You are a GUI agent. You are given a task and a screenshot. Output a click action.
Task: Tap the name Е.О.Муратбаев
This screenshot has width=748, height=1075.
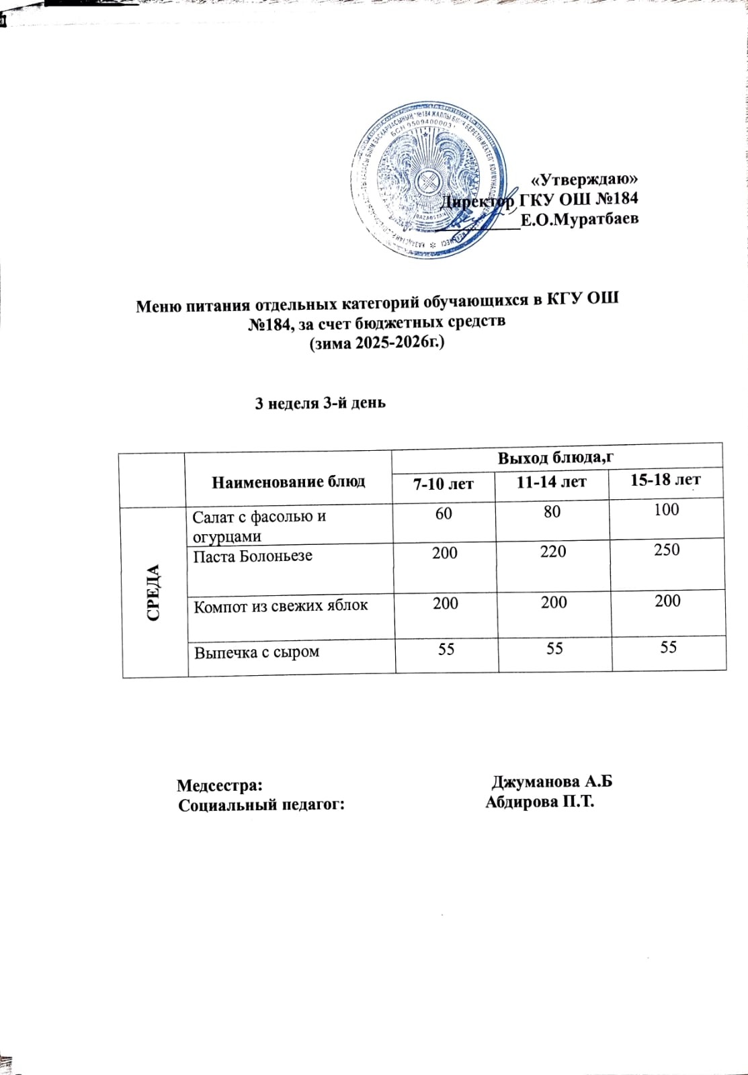tap(580, 219)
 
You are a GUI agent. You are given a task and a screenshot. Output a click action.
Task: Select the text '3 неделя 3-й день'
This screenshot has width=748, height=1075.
tap(320, 403)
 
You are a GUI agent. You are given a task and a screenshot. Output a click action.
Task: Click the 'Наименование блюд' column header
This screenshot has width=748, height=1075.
tap(288, 481)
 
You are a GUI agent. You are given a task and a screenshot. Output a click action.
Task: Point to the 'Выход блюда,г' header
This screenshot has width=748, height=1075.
tap(556, 458)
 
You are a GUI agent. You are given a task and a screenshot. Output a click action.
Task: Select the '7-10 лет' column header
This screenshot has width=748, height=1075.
tap(444, 483)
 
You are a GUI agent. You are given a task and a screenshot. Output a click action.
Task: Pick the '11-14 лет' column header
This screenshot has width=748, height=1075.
tap(552, 482)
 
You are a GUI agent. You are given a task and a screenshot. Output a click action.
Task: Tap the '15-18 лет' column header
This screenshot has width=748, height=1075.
tap(665, 480)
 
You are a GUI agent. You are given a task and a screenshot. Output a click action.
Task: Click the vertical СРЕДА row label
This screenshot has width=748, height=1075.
tap(154, 592)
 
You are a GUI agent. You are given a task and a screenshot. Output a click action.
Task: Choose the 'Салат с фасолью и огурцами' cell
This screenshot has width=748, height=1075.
tap(259, 526)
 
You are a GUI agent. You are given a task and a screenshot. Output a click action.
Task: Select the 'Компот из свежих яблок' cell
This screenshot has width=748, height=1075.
tap(281, 605)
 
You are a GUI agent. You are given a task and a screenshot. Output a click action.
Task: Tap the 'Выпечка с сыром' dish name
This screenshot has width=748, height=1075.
tap(257, 652)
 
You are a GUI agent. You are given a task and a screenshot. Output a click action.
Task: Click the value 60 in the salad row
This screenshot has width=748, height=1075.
tap(444, 513)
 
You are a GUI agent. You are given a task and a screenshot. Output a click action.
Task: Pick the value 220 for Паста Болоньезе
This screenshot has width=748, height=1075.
tap(553, 552)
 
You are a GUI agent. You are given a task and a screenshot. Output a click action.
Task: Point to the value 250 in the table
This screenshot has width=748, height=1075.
tap(667, 550)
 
